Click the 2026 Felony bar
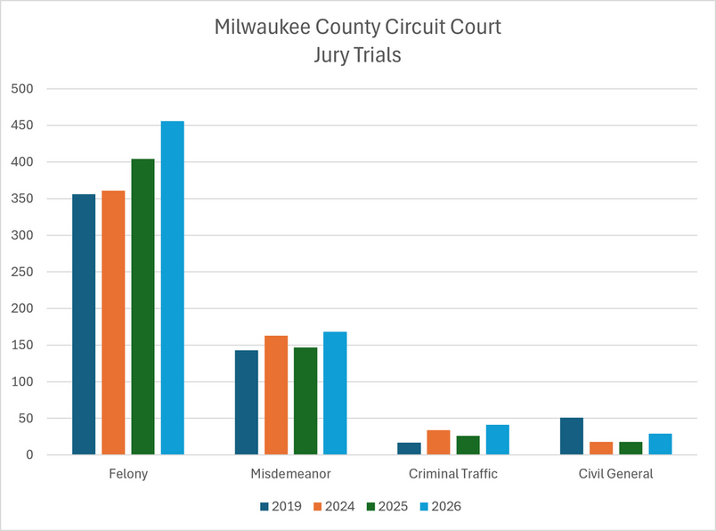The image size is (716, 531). point(173,288)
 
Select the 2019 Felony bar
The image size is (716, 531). point(84,324)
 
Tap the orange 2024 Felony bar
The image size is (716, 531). point(113,323)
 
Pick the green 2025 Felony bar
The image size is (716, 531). point(142,306)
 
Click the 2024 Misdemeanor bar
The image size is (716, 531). point(276,396)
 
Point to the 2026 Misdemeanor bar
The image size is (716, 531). point(335,393)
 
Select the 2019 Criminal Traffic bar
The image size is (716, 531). point(409,449)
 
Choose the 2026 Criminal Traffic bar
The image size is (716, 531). point(498,439)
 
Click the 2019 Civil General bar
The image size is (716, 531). point(572,436)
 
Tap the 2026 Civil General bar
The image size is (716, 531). point(660,445)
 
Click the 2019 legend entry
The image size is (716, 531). point(281,506)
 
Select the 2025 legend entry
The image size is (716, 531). point(387,506)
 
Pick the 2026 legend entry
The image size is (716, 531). point(441,506)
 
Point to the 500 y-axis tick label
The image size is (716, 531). point(22,89)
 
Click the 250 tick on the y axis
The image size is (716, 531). point(22,272)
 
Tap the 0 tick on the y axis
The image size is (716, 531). point(29,454)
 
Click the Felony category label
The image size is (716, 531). point(128,474)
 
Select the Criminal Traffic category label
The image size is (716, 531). point(453,474)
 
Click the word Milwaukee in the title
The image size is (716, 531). point(263,27)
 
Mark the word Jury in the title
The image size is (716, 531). point(330,56)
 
